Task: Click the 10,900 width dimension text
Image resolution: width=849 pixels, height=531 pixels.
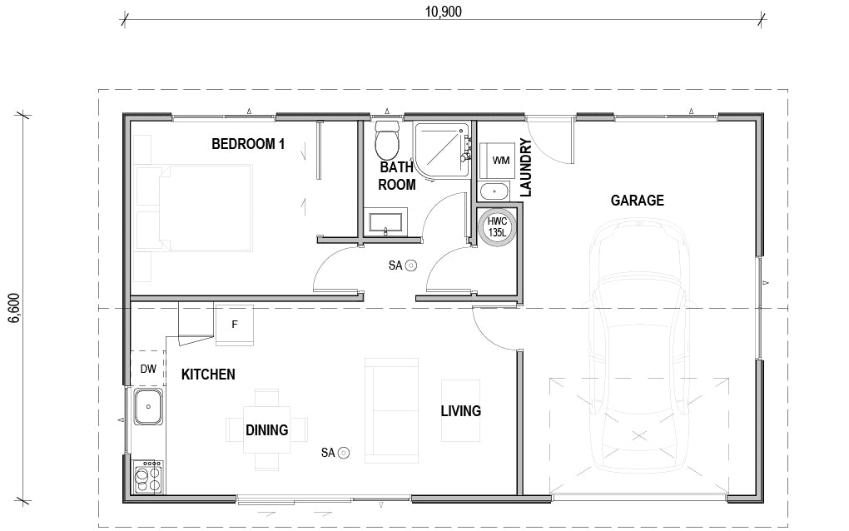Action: pyautogui.click(x=442, y=11)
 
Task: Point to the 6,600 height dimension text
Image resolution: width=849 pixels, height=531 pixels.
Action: pyautogui.click(x=12, y=308)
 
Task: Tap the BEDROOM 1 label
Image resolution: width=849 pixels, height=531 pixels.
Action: pyautogui.click(x=248, y=144)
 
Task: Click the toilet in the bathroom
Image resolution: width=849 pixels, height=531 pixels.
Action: pyautogui.click(x=387, y=141)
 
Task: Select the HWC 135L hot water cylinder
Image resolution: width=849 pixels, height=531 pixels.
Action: pyautogui.click(x=497, y=226)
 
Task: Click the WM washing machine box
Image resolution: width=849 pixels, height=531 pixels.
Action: pyautogui.click(x=501, y=159)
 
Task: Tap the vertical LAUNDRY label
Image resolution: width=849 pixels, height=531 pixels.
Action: pyautogui.click(x=525, y=167)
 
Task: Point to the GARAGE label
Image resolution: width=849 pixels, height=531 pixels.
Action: pyautogui.click(x=637, y=201)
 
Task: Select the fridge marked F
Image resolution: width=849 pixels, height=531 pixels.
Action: pyautogui.click(x=235, y=325)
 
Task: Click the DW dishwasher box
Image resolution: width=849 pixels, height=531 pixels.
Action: pyautogui.click(x=147, y=369)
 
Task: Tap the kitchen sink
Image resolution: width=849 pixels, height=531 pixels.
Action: pyautogui.click(x=148, y=407)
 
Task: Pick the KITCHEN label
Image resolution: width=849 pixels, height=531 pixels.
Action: pyautogui.click(x=208, y=375)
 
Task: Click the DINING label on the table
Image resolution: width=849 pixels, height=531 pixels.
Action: pyautogui.click(x=266, y=430)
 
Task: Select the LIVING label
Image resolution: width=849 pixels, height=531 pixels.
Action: pyautogui.click(x=460, y=411)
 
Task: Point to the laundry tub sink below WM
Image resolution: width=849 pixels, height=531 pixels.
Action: pyautogui.click(x=495, y=191)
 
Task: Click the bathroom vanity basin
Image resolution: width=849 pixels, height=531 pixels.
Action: pyautogui.click(x=385, y=223)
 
